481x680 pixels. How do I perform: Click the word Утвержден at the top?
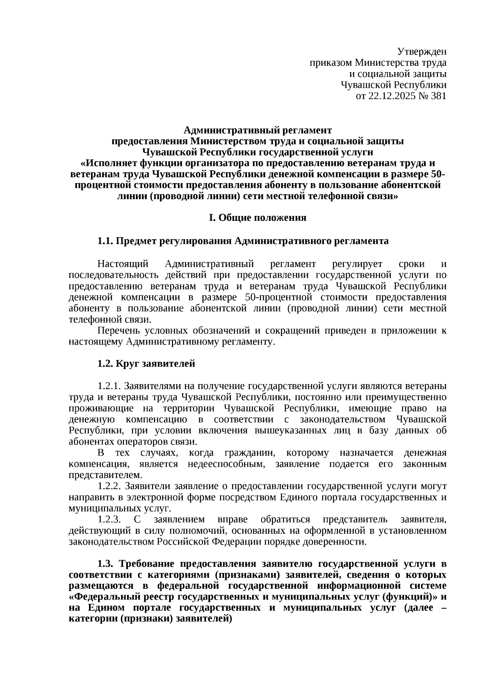[x=422, y=52]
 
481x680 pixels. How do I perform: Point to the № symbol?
[x=421, y=96]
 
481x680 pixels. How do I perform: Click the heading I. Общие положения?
[x=257, y=218]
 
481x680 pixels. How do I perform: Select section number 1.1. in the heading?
[x=105, y=241]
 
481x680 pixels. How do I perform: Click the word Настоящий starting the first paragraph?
[x=123, y=264]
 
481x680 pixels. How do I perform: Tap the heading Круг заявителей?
[x=156, y=363]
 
